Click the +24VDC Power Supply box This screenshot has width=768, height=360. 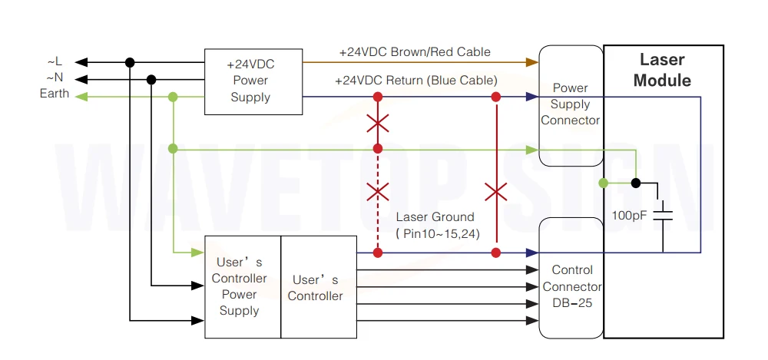pyautogui.click(x=253, y=82)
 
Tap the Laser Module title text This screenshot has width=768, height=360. pyautogui.click(x=662, y=70)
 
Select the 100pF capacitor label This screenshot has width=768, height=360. pyautogui.click(x=628, y=214)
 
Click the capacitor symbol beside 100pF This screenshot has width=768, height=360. pyautogui.click(x=663, y=215)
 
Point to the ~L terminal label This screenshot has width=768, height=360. pyautogui.click(x=55, y=62)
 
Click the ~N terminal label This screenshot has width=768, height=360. pyautogui.click(x=55, y=78)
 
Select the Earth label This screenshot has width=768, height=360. pyautogui.click(x=55, y=94)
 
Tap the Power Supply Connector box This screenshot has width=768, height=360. pyautogui.click(x=571, y=106)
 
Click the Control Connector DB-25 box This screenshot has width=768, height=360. pyautogui.click(x=571, y=278)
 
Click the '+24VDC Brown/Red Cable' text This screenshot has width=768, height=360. pyautogui.click(x=415, y=52)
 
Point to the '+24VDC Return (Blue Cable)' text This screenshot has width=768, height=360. pyautogui.click(x=416, y=81)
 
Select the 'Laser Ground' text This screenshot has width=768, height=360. pyautogui.click(x=435, y=217)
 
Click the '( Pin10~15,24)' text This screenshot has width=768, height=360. pyautogui.click(x=438, y=234)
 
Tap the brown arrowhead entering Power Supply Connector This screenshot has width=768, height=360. pyautogui.click(x=532, y=61)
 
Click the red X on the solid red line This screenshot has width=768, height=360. pyautogui.click(x=495, y=191)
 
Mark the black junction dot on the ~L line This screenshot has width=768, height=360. pyautogui.click(x=130, y=62)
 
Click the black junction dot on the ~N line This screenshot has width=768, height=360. pyautogui.click(x=151, y=79)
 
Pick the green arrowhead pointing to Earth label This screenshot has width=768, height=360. pyautogui.click(x=81, y=97)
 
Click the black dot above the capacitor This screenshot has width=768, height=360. pyautogui.click(x=636, y=183)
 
